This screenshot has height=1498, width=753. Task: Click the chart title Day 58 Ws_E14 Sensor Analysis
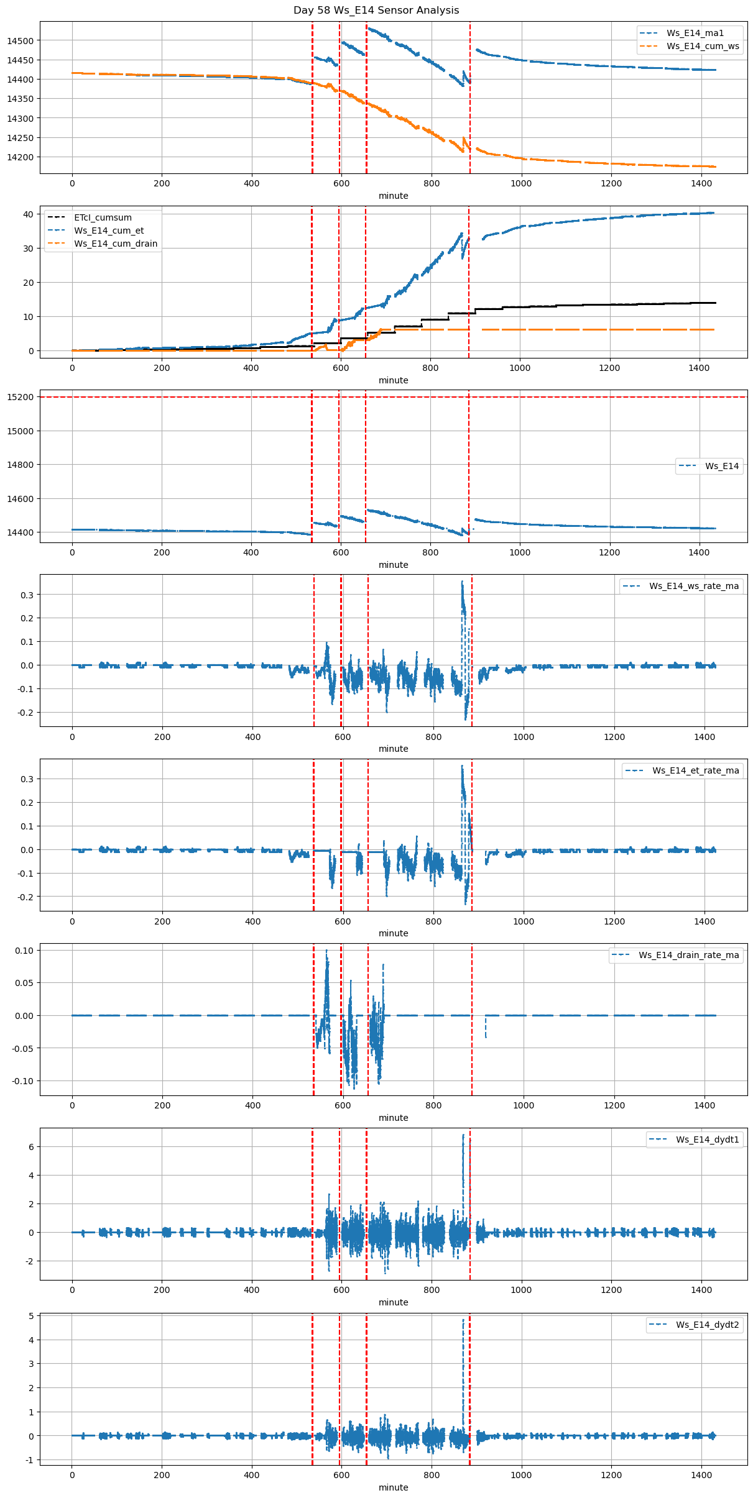(376, 10)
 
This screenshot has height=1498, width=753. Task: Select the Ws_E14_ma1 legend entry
(695, 33)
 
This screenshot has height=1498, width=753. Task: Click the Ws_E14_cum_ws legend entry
(703, 46)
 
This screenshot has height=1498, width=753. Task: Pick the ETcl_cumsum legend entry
(103, 217)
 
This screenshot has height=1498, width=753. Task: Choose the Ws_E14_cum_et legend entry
(109, 231)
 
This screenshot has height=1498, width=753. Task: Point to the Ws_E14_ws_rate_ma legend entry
(694, 586)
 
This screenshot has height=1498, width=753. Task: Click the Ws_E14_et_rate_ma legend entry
(695, 770)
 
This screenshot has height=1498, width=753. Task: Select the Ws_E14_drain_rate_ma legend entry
(688, 955)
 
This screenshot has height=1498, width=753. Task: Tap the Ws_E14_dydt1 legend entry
(708, 1139)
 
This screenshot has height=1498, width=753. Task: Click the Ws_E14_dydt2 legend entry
(708, 1325)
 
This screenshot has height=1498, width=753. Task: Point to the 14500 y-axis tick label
(21, 41)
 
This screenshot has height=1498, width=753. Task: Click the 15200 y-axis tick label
(21, 397)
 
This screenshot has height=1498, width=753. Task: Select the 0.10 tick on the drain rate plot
(24, 951)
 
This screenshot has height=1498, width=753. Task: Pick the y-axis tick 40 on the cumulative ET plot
(28, 214)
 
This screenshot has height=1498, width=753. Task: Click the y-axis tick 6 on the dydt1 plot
(31, 1147)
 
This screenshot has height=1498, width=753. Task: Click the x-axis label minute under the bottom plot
(394, 1487)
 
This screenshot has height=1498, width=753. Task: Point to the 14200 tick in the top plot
(21, 157)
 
